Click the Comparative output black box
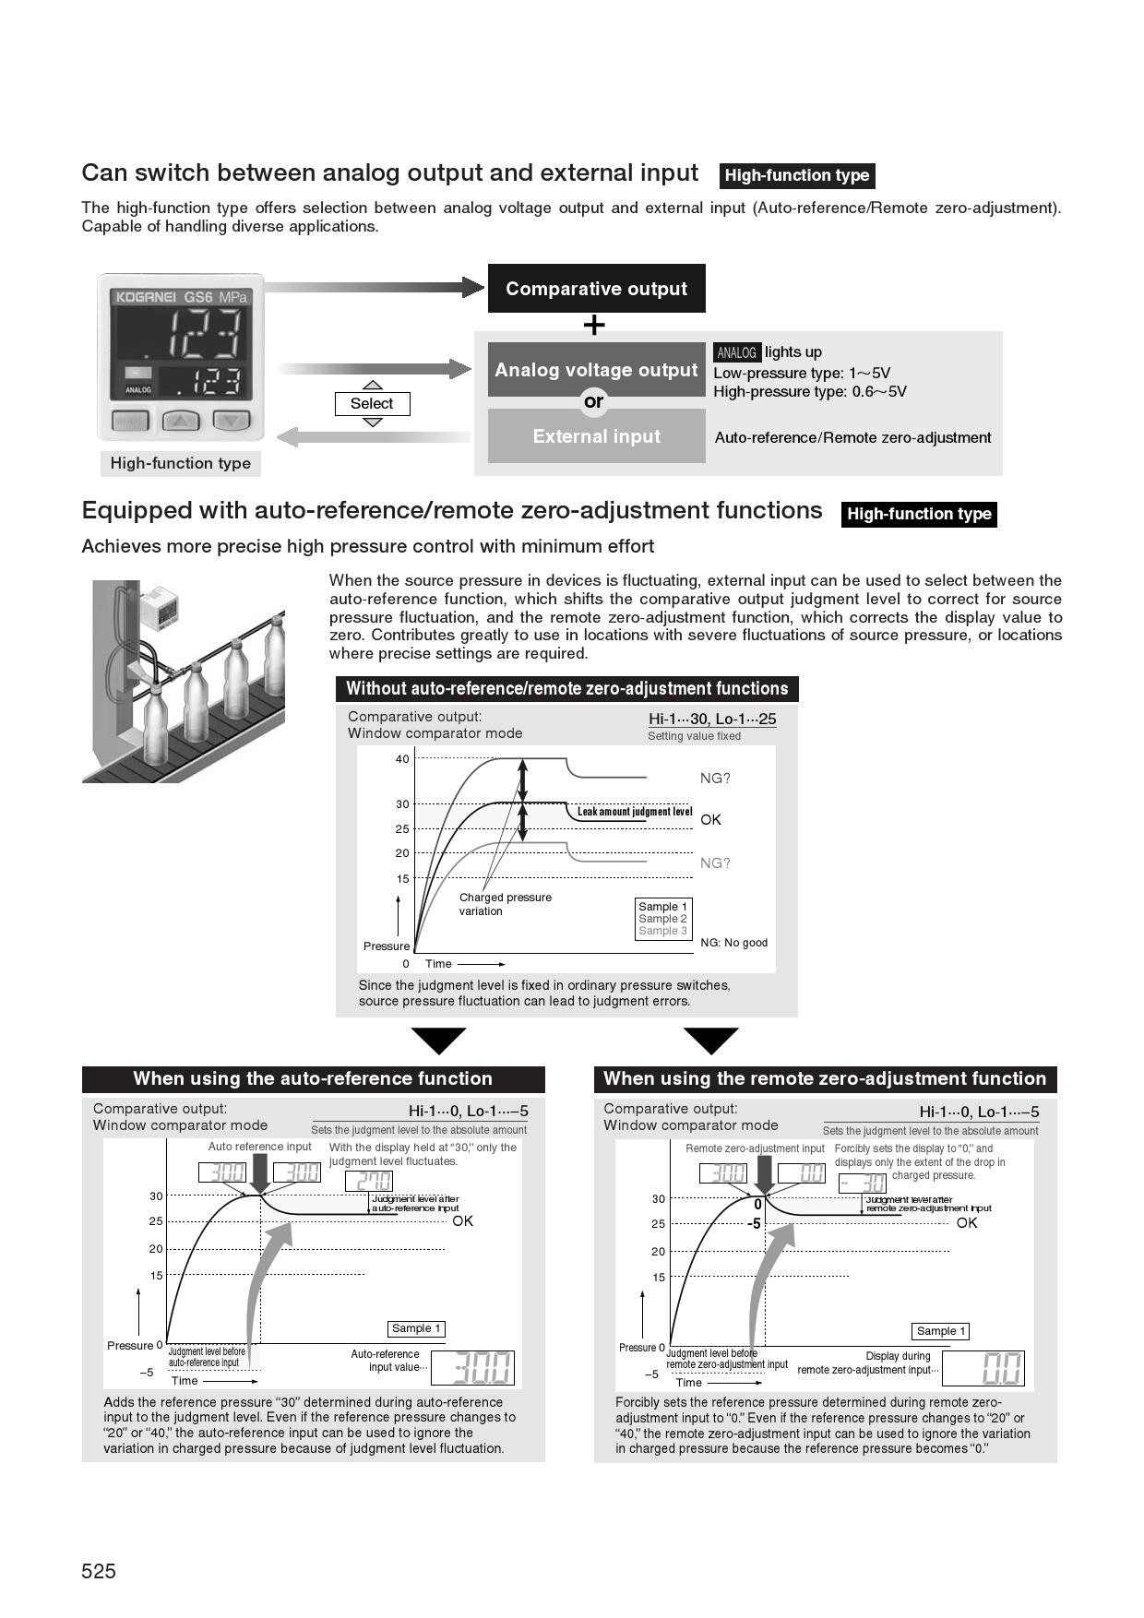tap(596, 289)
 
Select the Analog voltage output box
tap(596, 370)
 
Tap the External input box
tap(596, 436)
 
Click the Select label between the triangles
tap(372, 404)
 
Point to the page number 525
tap(99, 1571)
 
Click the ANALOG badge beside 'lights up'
tap(736, 352)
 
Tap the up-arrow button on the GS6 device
tap(181, 421)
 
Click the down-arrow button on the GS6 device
tap(232, 421)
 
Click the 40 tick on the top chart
tap(402, 759)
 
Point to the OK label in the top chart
tap(710, 819)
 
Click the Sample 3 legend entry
tap(662, 931)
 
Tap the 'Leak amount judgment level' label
tap(634, 812)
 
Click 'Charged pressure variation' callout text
tap(505, 904)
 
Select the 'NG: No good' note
tap(733, 943)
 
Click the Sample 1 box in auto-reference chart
tap(416, 1328)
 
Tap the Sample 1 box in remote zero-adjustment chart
tap(941, 1331)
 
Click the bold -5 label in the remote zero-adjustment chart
tap(754, 1223)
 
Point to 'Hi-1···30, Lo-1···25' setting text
tap(712, 719)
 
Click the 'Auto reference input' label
tap(260, 1147)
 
